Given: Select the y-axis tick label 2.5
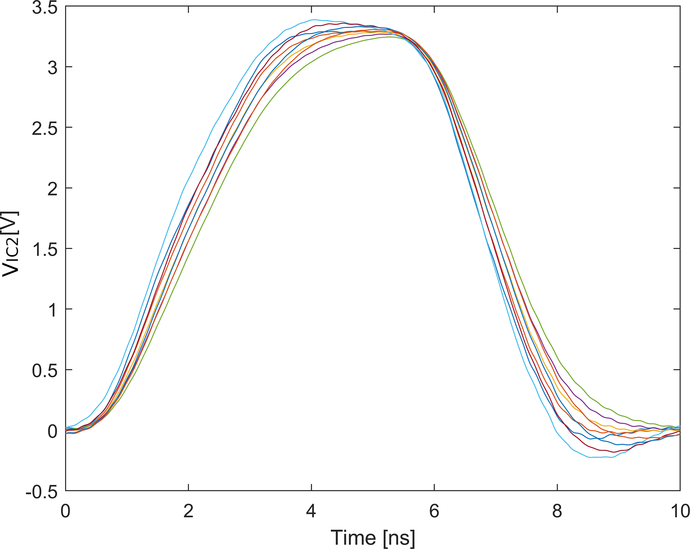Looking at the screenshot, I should pyautogui.click(x=44, y=128).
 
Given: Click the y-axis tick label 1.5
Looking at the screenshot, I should pyautogui.click(x=44, y=249).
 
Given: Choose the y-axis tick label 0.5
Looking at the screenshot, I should pyautogui.click(x=44, y=370).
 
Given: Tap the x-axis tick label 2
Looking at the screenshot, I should pyautogui.click(x=188, y=511).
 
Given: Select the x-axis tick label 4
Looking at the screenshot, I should pyautogui.click(x=311, y=511).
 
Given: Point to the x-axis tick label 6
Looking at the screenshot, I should pyautogui.click(x=434, y=511).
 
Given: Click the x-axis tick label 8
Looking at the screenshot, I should pyautogui.click(x=557, y=511).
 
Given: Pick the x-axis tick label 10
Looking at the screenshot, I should pyautogui.click(x=679, y=511).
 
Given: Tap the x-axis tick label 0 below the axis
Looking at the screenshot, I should pyautogui.click(x=65, y=511).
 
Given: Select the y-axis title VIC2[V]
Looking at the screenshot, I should pyautogui.click(x=11, y=244).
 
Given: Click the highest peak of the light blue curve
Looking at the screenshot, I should pyautogui.click(x=314, y=20).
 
